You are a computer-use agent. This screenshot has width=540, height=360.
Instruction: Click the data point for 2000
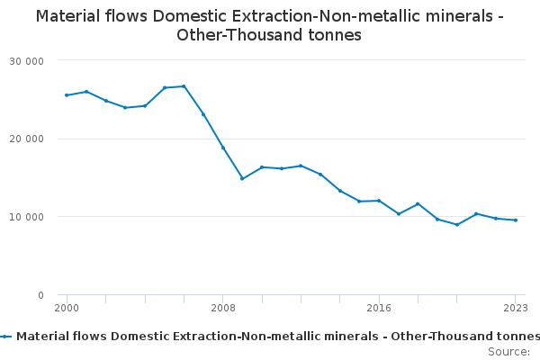[67, 95]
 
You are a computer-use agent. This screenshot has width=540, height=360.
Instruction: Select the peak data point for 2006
[184, 86]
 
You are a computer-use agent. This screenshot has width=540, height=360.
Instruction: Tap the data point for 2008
[223, 148]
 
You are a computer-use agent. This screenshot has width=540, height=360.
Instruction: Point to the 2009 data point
[242, 178]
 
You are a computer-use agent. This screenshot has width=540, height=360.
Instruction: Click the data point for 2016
[379, 201]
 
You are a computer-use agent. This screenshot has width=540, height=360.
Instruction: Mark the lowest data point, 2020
[457, 225]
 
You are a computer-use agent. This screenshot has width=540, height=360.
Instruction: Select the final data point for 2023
[516, 220]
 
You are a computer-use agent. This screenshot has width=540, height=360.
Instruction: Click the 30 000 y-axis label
[26, 61]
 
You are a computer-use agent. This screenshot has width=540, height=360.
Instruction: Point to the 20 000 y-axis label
[26, 139]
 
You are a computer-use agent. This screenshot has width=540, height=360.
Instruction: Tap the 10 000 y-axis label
[26, 217]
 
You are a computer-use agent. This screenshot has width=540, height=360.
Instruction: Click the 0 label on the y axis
[41, 295]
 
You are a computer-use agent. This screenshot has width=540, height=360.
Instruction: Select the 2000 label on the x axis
[67, 308]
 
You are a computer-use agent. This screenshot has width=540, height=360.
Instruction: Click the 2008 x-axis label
[223, 308]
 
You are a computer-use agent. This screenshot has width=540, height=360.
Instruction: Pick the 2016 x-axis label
[379, 308]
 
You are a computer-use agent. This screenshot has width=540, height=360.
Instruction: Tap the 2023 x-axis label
[516, 308]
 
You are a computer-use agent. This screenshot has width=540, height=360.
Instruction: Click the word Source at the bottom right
[508, 352]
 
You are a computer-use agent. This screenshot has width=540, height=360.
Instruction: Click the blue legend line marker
[5, 337]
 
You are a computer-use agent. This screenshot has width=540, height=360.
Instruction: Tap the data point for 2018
[418, 204]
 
